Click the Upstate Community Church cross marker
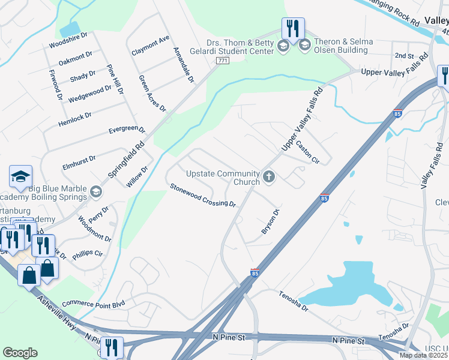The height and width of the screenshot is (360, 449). [269, 178]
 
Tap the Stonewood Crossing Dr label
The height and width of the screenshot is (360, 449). [202, 196]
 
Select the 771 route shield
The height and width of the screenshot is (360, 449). [223, 61]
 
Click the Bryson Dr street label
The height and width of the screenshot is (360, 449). [270, 222]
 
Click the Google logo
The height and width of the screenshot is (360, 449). [20, 353]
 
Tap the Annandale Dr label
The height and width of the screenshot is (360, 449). [184, 65]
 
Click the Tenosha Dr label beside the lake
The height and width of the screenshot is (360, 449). [292, 302]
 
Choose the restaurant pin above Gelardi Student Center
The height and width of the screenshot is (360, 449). [293, 28]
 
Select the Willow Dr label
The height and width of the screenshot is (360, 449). [137, 177]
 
